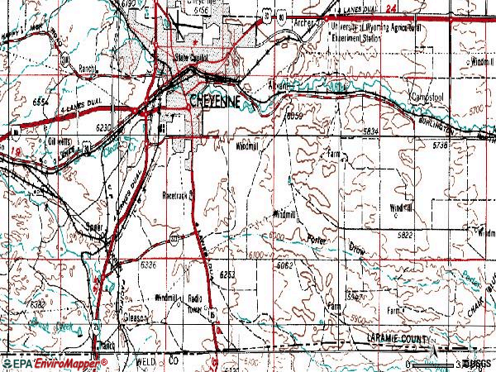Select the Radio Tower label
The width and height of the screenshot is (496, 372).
196,301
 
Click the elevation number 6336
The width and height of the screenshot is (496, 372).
148,265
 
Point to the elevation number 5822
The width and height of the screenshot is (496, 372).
405,236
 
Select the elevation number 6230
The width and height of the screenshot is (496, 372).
103,127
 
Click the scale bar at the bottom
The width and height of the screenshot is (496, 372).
434,363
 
